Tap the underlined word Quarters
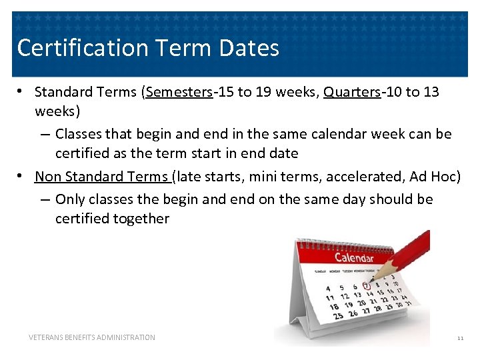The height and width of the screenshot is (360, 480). (351, 92)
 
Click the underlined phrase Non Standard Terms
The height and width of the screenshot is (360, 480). (101, 176)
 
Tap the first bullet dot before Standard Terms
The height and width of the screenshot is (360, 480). (21, 92)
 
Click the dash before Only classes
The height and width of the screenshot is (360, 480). (45, 199)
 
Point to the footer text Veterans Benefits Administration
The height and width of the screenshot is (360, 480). (92, 337)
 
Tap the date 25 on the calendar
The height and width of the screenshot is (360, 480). (338, 315)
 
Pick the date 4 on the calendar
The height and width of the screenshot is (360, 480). (327, 289)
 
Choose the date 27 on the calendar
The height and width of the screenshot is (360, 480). (365, 311)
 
